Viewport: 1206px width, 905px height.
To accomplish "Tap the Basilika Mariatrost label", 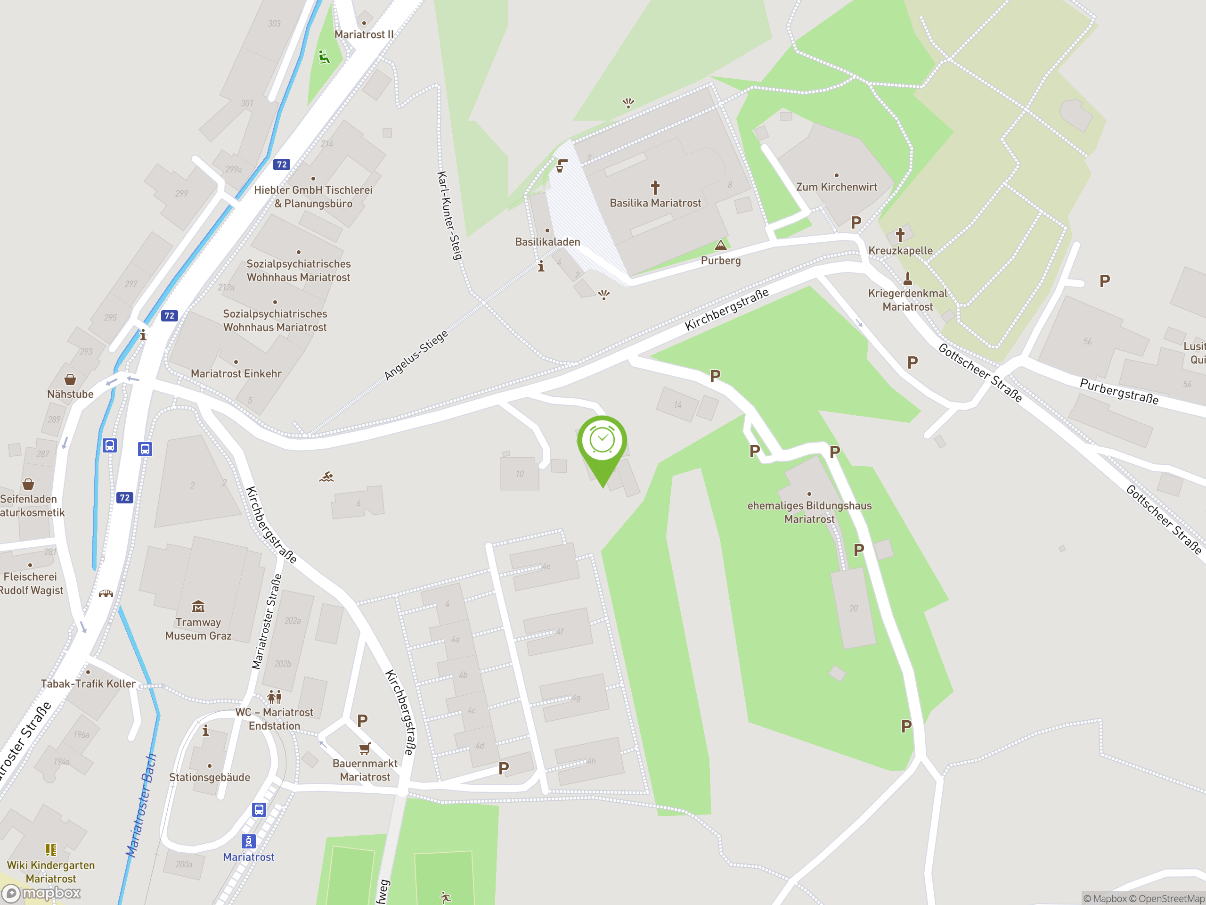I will (655, 203).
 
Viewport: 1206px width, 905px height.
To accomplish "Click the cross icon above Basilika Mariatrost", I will (655, 188).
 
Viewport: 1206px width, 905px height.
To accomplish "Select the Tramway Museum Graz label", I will (198, 629).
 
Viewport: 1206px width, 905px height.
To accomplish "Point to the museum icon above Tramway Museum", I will (198, 607).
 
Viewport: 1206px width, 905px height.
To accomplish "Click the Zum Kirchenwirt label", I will (836, 187).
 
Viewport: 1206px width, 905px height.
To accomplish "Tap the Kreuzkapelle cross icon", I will (900, 235).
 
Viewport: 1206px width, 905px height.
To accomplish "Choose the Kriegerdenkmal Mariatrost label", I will (908, 300).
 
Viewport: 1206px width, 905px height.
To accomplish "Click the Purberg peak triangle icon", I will (721, 245).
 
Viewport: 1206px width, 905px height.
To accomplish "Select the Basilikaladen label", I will (547, 242).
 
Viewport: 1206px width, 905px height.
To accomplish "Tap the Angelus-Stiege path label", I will (416, 354).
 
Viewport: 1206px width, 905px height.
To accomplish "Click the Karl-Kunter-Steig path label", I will (450, 215).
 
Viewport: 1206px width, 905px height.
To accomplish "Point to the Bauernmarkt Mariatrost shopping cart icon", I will (365, 749).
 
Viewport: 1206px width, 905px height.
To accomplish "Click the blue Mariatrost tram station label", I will (249, 857).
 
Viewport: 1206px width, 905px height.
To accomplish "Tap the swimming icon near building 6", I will (326, 477).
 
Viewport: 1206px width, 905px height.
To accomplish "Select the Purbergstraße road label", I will (1119, 391).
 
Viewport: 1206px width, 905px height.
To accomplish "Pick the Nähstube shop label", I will (70, 394).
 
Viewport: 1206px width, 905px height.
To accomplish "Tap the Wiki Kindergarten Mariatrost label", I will (51, 872).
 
